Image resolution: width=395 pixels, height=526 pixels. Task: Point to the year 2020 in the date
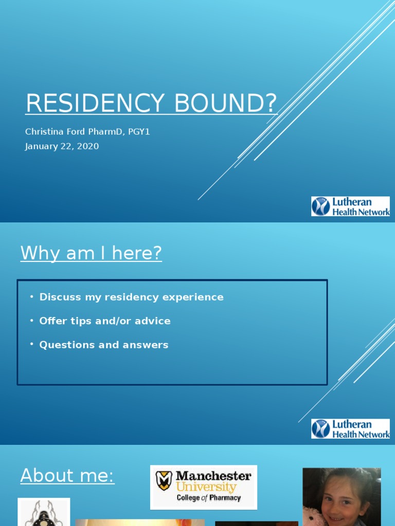coord(87,146)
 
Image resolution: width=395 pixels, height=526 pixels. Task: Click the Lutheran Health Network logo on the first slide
coord(350,206)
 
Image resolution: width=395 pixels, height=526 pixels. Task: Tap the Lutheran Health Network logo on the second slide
coord(350,428)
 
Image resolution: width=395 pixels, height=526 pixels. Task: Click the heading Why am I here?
coord(91,253)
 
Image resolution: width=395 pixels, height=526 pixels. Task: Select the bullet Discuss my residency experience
coord(131,297)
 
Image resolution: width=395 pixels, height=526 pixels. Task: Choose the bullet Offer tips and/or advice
coord(104,321)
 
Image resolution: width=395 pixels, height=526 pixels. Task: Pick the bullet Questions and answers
coord(103,345)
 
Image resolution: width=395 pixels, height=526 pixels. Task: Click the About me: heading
coord(67,476)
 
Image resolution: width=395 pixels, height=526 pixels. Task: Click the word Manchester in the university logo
coord(213,476)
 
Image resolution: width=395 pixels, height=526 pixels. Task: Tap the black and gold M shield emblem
coord(165,481)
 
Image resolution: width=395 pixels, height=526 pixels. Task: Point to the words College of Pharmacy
coord(208,498)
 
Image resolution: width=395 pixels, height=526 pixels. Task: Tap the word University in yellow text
coord(206,487)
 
